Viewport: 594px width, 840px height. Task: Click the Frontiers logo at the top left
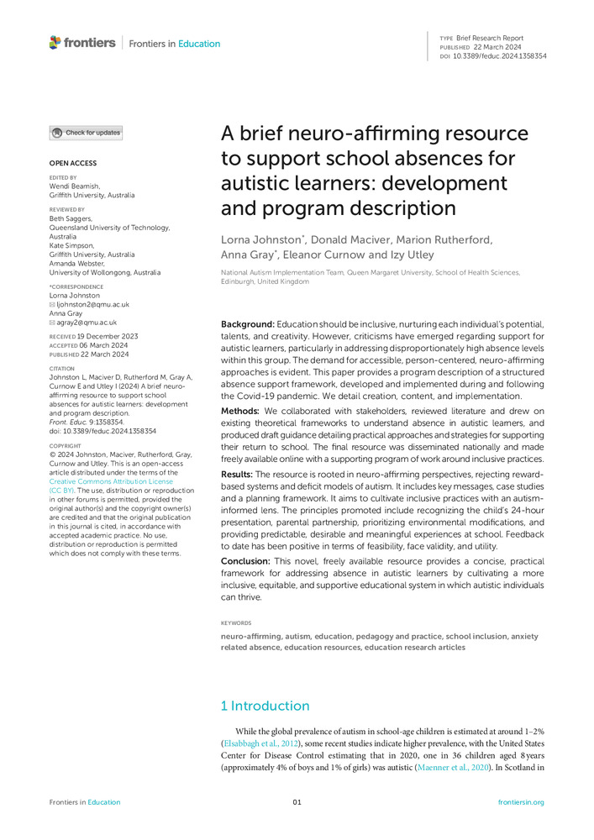82,43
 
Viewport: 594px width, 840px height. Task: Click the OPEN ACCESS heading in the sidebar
73,163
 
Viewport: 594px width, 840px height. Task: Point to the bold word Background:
247,324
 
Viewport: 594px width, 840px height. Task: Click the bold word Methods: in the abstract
239,411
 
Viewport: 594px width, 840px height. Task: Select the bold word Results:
239,475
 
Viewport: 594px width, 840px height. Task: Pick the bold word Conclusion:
245,560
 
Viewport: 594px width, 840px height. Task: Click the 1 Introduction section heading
265,706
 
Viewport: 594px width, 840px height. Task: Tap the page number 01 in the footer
297,802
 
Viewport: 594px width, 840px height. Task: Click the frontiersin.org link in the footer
521,802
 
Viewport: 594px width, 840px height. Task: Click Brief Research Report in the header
490,38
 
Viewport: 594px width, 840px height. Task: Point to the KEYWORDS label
236,623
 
